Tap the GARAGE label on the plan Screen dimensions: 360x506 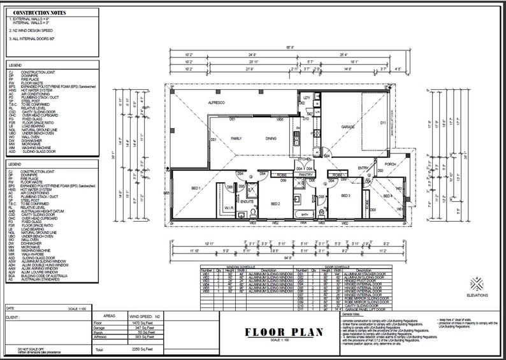(x=347, y=127)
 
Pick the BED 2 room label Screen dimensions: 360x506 (x=275, y=203)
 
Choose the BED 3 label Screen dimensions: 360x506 (x=346, y=196)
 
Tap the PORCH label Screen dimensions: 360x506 (x=389, y=164)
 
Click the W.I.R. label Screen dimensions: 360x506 (x=228, y=206)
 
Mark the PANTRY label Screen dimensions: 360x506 (x=305, y=174)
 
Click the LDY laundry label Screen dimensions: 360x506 (x=307, y=98)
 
